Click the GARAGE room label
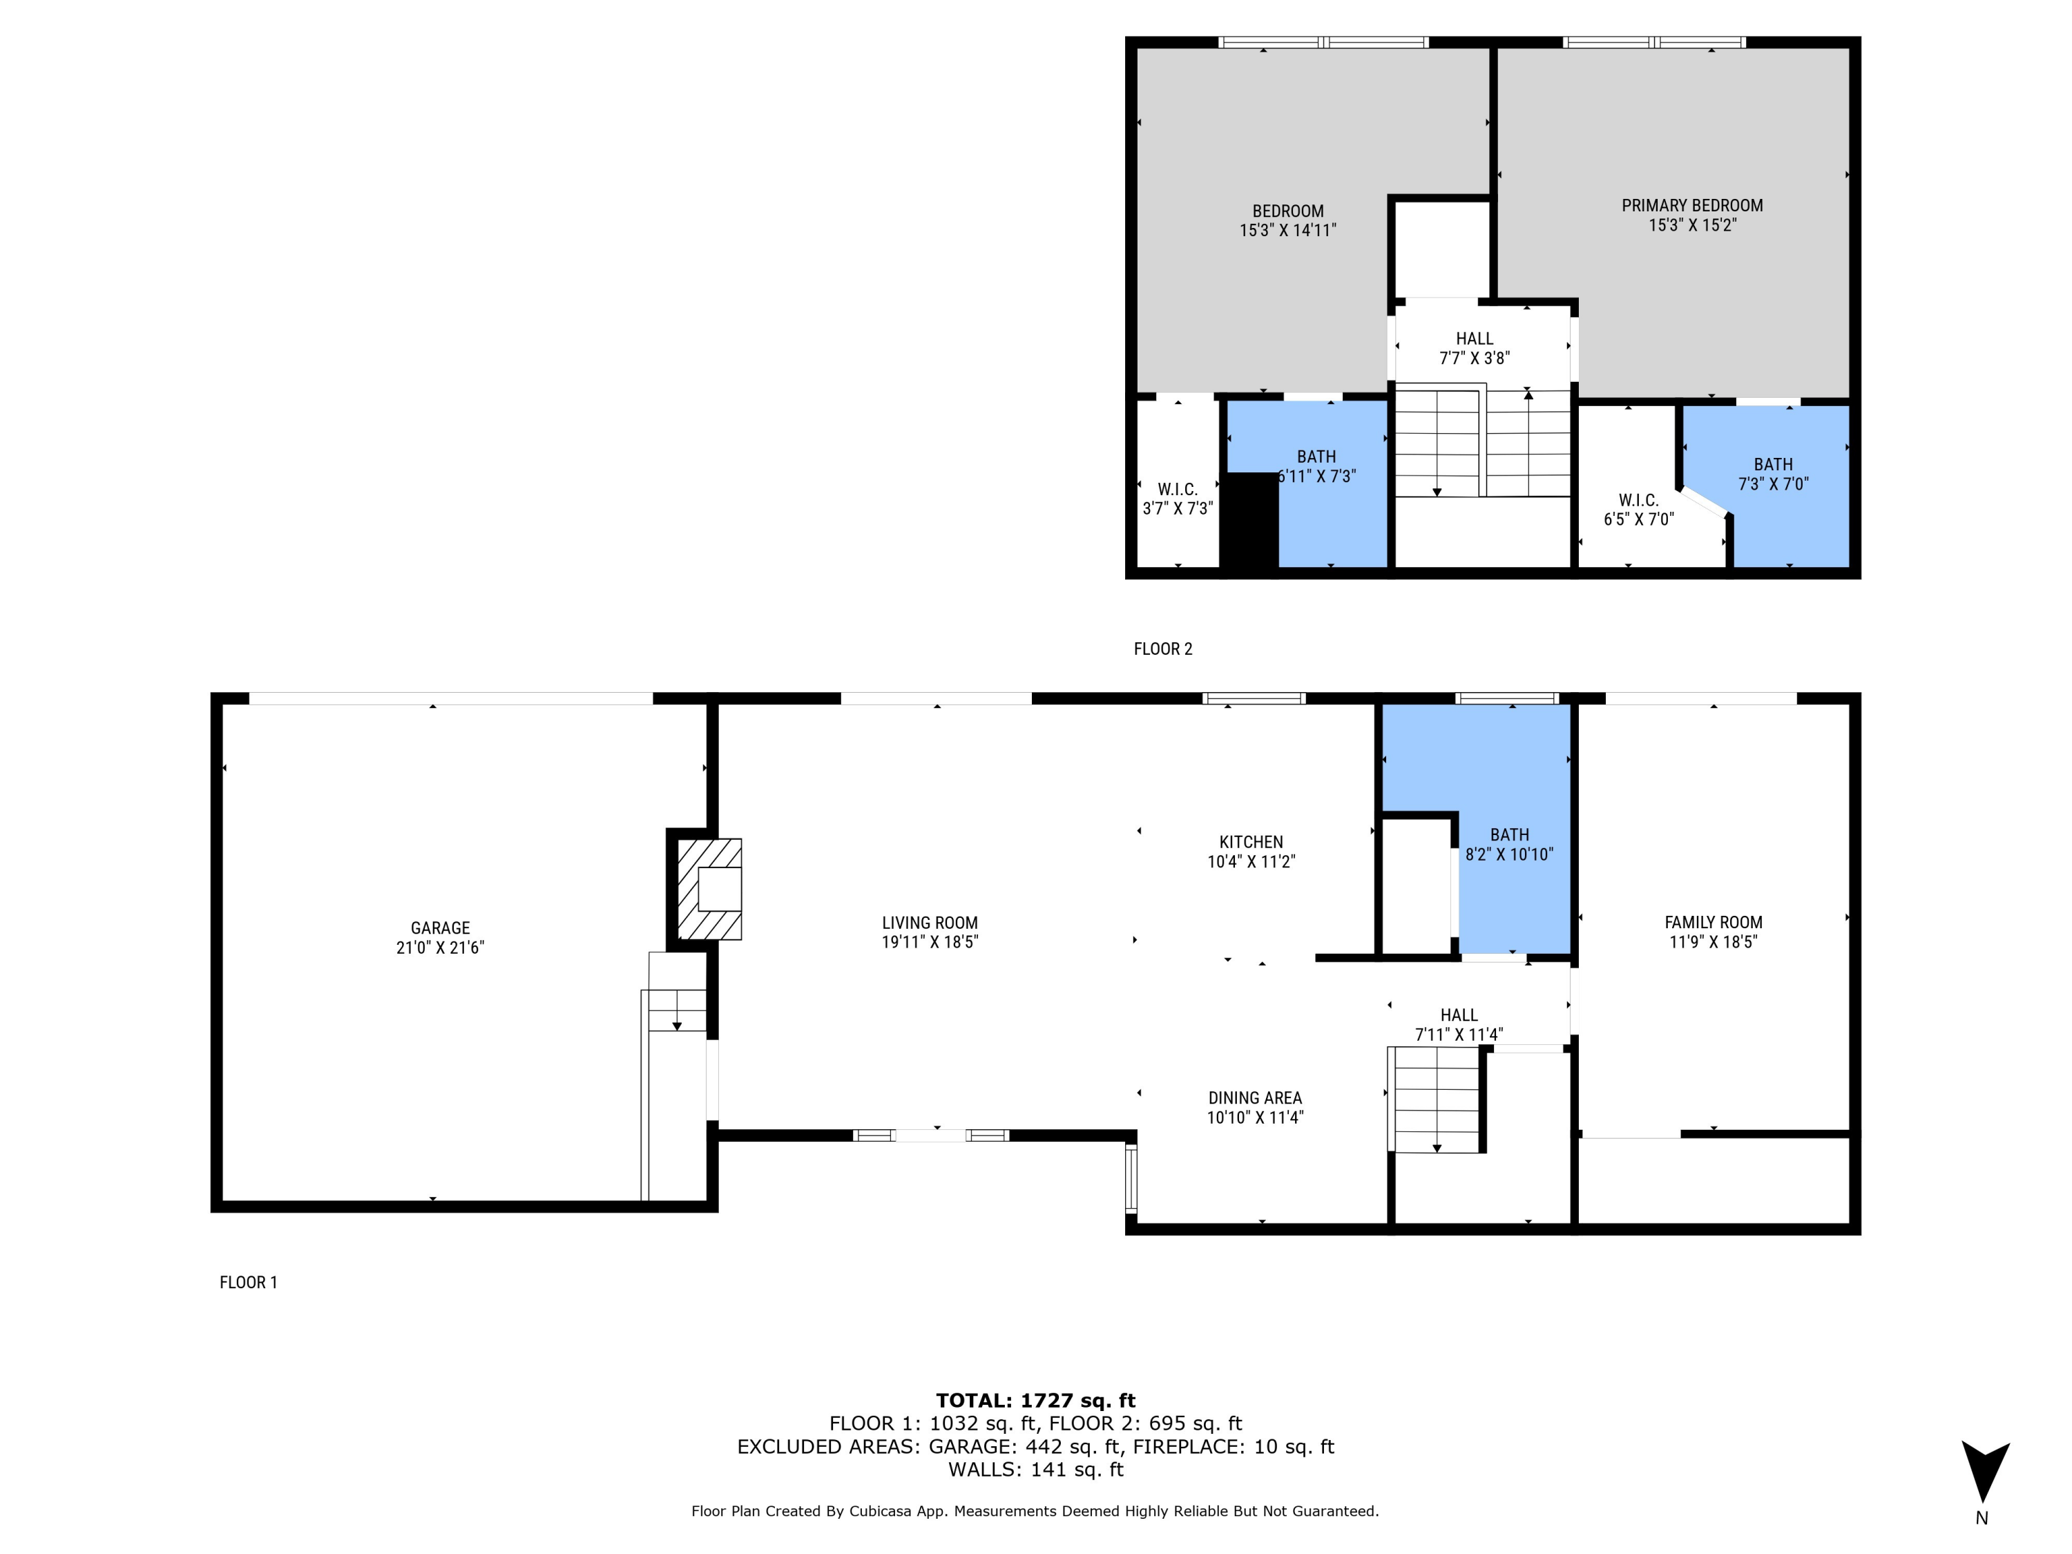pyautogui.click(x=439, y=928)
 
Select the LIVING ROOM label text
pyautogui.click(x=929, y=923)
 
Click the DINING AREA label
pyautogui.click(x=1254, y=1098)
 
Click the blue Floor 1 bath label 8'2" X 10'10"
pyautogui.click(x=1509, y=854)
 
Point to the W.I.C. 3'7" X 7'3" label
pyautogui.click(x=1178, y=499)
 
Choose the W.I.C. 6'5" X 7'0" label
pyautogui.click(x=1638, y=510)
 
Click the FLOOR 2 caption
pyautogui.click(x=1162, y=649)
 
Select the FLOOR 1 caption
pyautogui.click(x=248, y=1283)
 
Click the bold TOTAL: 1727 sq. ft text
pyautogui.click(x=1035, y=1401)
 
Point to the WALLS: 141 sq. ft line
pyautogui.click(x=1035, y=1469)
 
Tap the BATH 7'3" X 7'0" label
pyautogui.click(x=1772, y=474)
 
